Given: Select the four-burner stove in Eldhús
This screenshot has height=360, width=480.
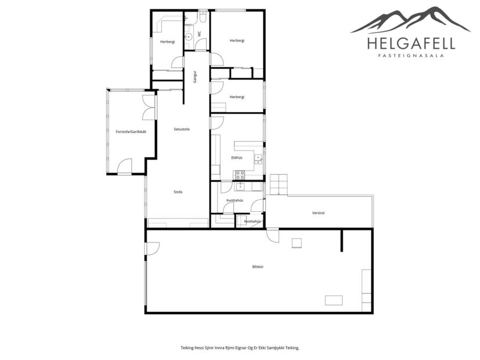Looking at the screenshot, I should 240,175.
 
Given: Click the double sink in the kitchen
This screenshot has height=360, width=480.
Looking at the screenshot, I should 258,157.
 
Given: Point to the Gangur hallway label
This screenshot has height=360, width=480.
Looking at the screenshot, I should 196,77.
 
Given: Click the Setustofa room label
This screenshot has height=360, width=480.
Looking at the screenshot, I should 182,129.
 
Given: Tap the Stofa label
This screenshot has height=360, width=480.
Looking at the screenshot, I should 178,192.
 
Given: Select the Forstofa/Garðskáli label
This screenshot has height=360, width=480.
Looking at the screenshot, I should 130,132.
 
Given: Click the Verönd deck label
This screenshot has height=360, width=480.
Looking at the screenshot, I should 318,213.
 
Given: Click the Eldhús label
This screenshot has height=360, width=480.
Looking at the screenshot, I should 236,157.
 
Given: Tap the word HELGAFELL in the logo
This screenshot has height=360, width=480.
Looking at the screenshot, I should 411,44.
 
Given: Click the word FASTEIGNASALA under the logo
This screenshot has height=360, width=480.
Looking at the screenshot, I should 411,56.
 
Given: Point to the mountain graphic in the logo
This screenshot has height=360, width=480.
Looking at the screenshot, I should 411,20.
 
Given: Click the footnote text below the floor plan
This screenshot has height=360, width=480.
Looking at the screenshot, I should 240,348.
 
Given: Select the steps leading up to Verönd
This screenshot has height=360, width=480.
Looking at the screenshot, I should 279,184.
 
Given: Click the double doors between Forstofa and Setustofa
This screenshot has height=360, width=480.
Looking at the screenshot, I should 149,107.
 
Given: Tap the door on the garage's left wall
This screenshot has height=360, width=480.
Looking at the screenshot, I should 151,249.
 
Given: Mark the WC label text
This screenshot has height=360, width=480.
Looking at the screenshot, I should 200,34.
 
